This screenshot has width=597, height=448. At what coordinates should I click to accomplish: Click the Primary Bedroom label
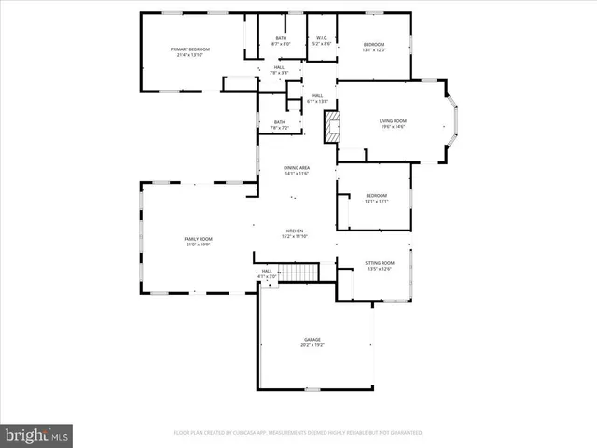click(190, 49)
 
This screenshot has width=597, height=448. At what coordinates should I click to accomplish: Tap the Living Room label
click(392, 121)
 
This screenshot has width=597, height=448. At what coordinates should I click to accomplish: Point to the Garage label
click(312, 339)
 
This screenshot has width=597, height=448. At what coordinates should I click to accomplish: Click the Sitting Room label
click(379, 263)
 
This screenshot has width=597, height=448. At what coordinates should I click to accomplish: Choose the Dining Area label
click(297, 167)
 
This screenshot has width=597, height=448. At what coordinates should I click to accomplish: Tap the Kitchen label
click(294, 231)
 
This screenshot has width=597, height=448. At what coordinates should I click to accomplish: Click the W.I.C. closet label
click(320, 38)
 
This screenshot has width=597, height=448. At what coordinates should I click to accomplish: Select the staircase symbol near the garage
click(298, 273)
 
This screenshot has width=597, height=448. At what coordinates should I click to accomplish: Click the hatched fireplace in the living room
click(329, 127)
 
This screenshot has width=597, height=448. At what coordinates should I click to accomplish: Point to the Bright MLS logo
click(37, 434)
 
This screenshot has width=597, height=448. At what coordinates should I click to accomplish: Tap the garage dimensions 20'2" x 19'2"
click(312, 345)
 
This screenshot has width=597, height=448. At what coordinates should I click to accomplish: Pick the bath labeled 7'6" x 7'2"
click(280, 125)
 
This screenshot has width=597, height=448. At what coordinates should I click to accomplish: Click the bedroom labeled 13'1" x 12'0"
click(373, 48)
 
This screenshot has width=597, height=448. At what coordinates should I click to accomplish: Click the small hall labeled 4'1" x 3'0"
click(267, 274)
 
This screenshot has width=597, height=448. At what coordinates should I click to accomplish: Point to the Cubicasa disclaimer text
click(298, 433)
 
